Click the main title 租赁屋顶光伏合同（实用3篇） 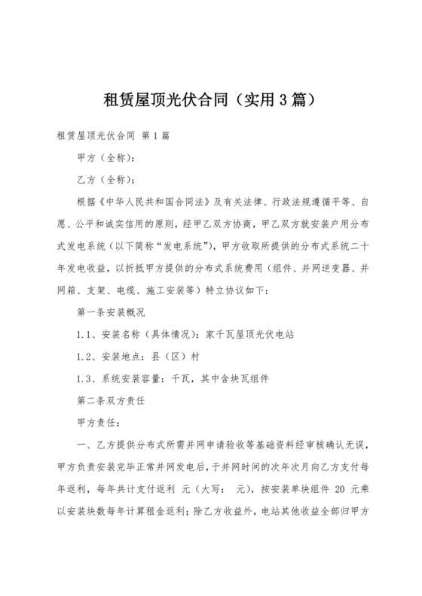pos(211,99)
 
